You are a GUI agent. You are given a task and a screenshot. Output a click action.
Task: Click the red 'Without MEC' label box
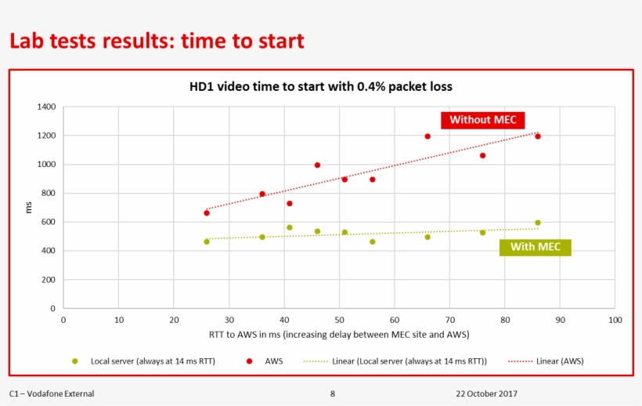click(482, 120)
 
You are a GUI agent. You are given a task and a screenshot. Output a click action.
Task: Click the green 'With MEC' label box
click(535, 247)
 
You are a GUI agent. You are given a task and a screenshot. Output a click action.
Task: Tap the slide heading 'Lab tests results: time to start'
click(157, 41)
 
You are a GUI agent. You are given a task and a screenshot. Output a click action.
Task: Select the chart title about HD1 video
click(321, 86)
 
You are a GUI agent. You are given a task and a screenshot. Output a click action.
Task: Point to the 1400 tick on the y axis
click(47, 107)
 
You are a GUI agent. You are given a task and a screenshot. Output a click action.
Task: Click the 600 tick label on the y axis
click(49, 222)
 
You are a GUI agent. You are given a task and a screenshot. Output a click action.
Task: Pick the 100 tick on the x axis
click(615, 320)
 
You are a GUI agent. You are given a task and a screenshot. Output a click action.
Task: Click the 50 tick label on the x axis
click(339, 320)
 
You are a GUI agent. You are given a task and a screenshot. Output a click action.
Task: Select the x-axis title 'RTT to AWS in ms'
click(339, 335)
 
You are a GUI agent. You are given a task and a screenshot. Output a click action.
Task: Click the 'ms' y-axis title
click(29, 208)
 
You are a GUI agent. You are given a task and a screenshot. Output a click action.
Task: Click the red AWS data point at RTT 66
click(427, 136)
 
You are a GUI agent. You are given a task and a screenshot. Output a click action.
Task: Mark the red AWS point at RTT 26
click(207, 212)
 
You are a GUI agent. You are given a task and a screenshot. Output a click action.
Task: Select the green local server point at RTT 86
click(538, 223)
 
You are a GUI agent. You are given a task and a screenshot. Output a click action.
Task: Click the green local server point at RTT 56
click(373, 241)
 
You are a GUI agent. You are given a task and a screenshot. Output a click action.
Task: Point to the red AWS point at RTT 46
click(317, 165)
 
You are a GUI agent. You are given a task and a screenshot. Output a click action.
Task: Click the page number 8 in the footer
click(333, 393)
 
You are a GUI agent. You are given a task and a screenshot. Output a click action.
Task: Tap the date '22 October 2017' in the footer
click(486, 393)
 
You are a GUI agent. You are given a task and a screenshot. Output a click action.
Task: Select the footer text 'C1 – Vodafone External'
click(52, 393)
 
